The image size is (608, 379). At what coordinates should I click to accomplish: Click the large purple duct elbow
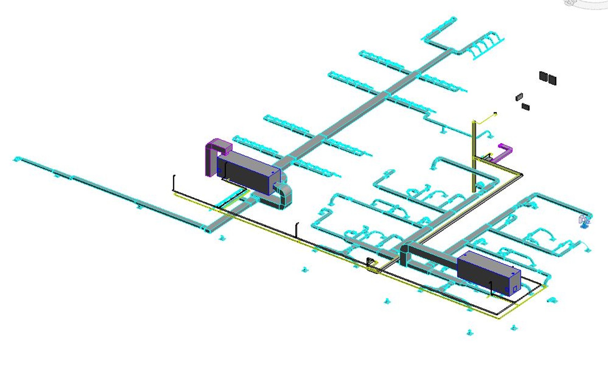(x=214, y=154)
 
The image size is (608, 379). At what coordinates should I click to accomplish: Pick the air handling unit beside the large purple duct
(x=247, y=172)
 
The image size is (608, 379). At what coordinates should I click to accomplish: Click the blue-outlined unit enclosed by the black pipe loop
(x=488, y=272)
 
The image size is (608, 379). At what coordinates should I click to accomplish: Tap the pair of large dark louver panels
(x=548, y=78)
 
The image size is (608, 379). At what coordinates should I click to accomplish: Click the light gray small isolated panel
(x=519, y=97)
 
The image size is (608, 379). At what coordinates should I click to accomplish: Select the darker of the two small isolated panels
(x=526, y=106)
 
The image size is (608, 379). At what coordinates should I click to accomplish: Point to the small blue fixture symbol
(x=584, y=222)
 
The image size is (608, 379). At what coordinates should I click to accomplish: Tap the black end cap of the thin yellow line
(x=495, y=113)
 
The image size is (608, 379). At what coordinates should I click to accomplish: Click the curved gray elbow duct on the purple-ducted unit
(x=284, y=197)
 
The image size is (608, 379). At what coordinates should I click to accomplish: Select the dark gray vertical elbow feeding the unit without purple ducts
(x=404, y=254)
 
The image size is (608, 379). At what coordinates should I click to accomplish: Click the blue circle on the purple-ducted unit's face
(x=219, y=171)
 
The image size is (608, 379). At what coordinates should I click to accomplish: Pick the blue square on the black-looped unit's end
(x=515, y=289)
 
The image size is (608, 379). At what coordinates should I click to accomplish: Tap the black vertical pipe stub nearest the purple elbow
(x=174, y=182)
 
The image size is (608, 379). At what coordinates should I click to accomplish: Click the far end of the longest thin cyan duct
(x=16, y=159)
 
